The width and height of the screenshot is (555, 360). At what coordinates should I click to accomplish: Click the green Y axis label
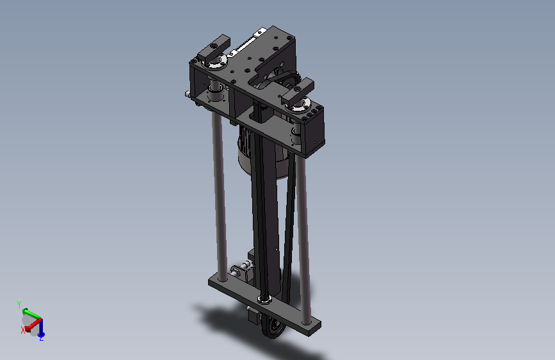[19, 304]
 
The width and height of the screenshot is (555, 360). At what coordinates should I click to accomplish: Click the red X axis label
[23, 330]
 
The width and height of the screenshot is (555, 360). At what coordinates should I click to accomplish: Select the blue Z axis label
[42, 338]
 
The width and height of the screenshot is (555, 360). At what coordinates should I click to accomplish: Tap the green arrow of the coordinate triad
[31, 314]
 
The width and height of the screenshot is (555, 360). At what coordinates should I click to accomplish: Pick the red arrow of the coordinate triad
[33, 325]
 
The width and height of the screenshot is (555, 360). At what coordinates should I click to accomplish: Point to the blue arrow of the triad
[41, 327]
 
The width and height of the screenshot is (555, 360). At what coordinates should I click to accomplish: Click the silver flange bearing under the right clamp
[299, 106]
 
